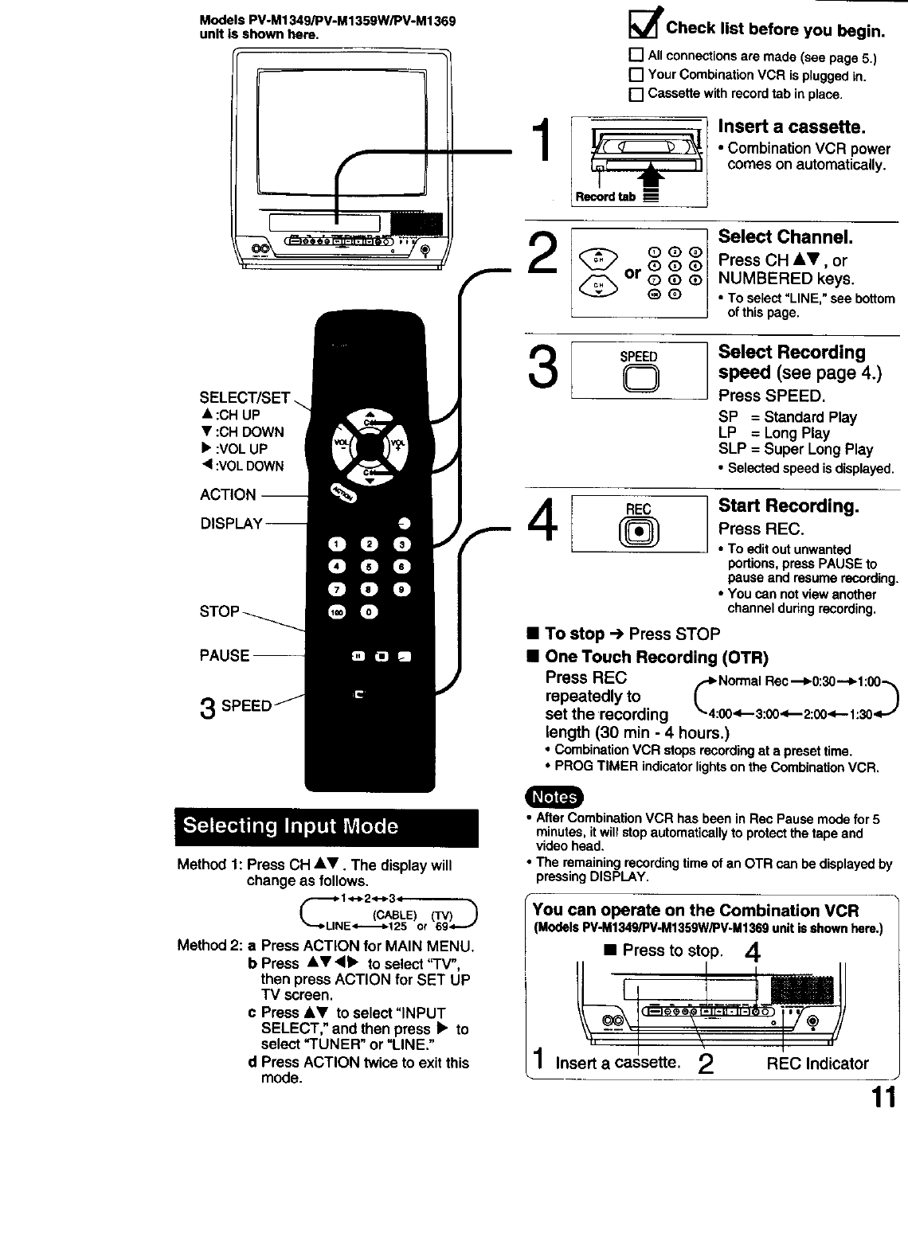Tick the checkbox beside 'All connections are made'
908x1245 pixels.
tap(636, 56)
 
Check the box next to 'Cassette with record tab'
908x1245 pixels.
tap(636, 95)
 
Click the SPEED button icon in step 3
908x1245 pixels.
tap(639, 381)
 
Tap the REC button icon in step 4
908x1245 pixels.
tap(639, 533)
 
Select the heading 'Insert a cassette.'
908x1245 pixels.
tap(791, 127)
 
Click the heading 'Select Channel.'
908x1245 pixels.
tap(785, 237)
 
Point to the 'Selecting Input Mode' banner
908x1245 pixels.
tap(327, 827)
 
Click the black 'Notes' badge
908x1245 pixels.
tap(554, 797)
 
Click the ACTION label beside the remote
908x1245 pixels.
tap(228, 495)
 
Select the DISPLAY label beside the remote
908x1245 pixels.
tap(231, 524)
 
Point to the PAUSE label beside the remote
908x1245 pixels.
tap(225, 656)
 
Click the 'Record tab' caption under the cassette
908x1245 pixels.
tap(605, 197)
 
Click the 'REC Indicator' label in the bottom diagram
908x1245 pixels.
tap(817, 1064)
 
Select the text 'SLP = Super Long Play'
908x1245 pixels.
tap(795, 450)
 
